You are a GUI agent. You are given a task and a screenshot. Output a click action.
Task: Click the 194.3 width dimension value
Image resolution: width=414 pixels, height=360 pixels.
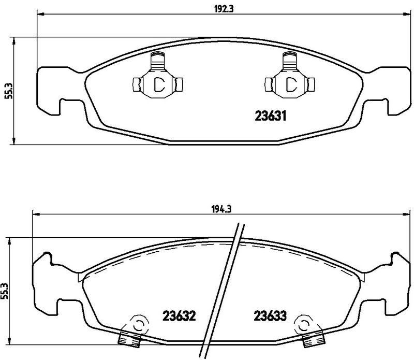[221, 209]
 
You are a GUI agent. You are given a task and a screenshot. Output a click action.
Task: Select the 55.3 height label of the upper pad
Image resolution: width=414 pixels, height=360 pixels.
[9, 91]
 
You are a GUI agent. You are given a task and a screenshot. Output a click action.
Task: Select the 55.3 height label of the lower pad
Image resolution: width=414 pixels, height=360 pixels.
[5, 291]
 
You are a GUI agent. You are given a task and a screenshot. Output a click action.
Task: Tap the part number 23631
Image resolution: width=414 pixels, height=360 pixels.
[270, 116]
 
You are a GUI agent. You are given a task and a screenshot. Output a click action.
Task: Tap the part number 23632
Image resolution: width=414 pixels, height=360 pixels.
[179, 315]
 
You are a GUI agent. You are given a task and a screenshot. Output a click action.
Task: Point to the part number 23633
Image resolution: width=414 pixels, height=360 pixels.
[270, 315]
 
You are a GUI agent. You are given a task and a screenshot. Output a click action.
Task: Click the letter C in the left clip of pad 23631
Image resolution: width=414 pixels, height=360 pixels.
[159, 84]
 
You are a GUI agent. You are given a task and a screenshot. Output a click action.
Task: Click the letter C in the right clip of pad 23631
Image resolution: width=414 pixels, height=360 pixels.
[291, 84]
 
